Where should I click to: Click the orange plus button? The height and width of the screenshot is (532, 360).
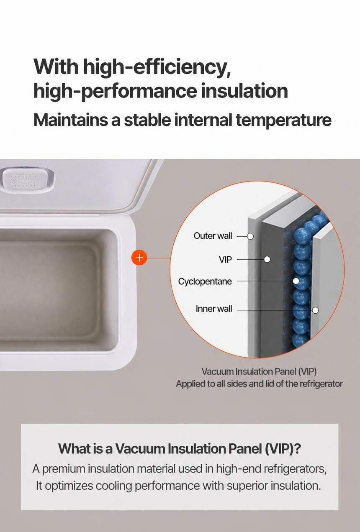point(139,258)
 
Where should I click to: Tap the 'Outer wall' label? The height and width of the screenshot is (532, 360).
point(213,236)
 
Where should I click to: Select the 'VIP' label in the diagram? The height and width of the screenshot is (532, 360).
point(225,260)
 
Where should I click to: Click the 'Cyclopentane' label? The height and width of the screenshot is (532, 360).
point(205,281)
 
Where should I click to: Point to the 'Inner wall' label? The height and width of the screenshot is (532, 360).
point(214,309)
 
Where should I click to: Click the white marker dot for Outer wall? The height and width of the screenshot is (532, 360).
point(250,236)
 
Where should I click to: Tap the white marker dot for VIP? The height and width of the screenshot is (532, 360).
point(267,259)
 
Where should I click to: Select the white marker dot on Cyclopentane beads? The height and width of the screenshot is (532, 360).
point(296,281)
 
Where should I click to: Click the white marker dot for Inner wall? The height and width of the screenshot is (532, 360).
point(315,310)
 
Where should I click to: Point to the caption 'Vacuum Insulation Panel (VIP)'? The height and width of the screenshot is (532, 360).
point(259,372)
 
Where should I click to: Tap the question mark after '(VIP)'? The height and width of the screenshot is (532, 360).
point(298,449)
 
